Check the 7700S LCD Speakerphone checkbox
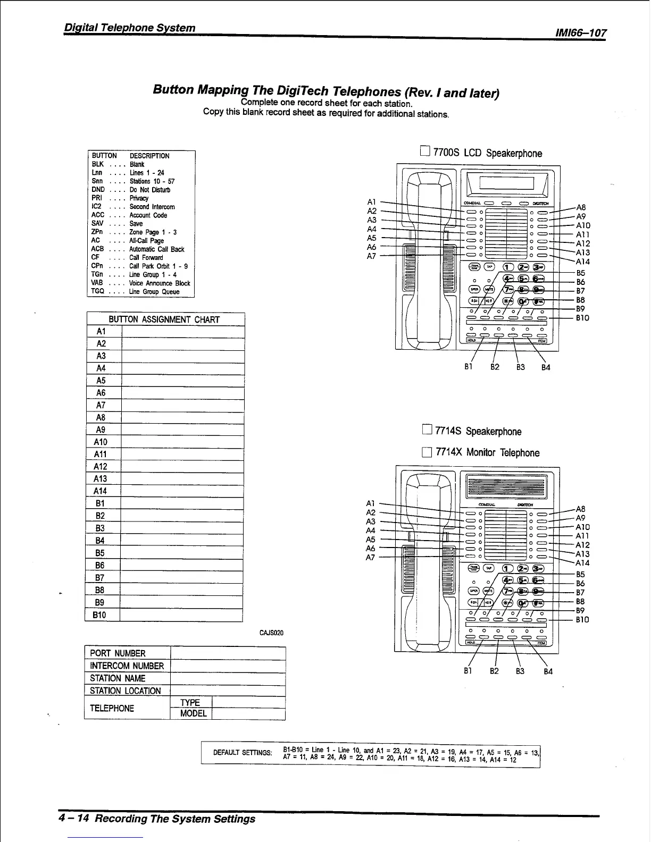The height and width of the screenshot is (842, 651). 425,153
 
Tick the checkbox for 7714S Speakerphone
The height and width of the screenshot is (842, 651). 426,431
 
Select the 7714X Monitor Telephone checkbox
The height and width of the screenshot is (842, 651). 426,452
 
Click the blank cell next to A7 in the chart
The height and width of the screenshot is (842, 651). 183,405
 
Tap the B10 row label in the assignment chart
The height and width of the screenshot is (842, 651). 100,615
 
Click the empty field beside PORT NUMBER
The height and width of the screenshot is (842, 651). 228,653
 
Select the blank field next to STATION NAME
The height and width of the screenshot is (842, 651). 228,678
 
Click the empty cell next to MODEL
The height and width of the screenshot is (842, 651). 248,713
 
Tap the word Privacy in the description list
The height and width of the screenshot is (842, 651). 139,198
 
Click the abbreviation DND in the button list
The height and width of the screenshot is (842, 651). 98,190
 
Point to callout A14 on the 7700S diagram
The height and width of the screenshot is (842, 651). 583,262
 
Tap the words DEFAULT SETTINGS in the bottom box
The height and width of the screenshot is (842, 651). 243,753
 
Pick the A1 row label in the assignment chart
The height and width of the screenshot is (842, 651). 101,331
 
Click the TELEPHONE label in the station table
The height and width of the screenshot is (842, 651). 112,708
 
